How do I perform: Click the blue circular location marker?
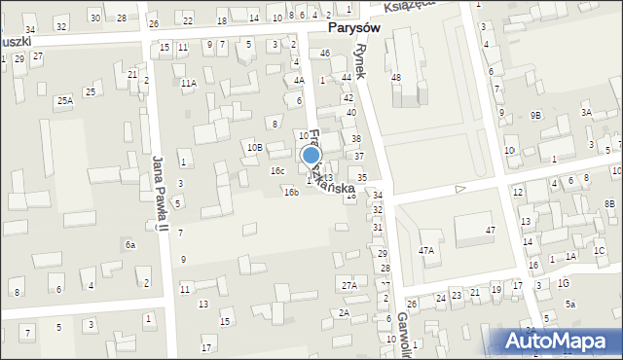tap(311, 156)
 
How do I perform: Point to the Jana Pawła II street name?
tap(160, 195)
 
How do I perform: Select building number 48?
tap(395, 77)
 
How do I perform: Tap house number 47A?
tap(426, 251)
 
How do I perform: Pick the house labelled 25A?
tap(64, 100)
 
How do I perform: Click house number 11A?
tap(188, 84)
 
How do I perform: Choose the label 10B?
tap(254, 147)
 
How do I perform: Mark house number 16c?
tap(277, 170)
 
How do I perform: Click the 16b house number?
tap(291, 193)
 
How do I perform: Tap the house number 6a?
tap(129, 245)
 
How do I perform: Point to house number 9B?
tap(535, 115)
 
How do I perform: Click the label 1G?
tap(564, 283)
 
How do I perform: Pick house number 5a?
tap(571, 305)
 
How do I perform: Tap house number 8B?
tap(609, 203)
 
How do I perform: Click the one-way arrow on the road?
tap(460, 188)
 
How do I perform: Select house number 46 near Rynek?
tap(325, 52)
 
